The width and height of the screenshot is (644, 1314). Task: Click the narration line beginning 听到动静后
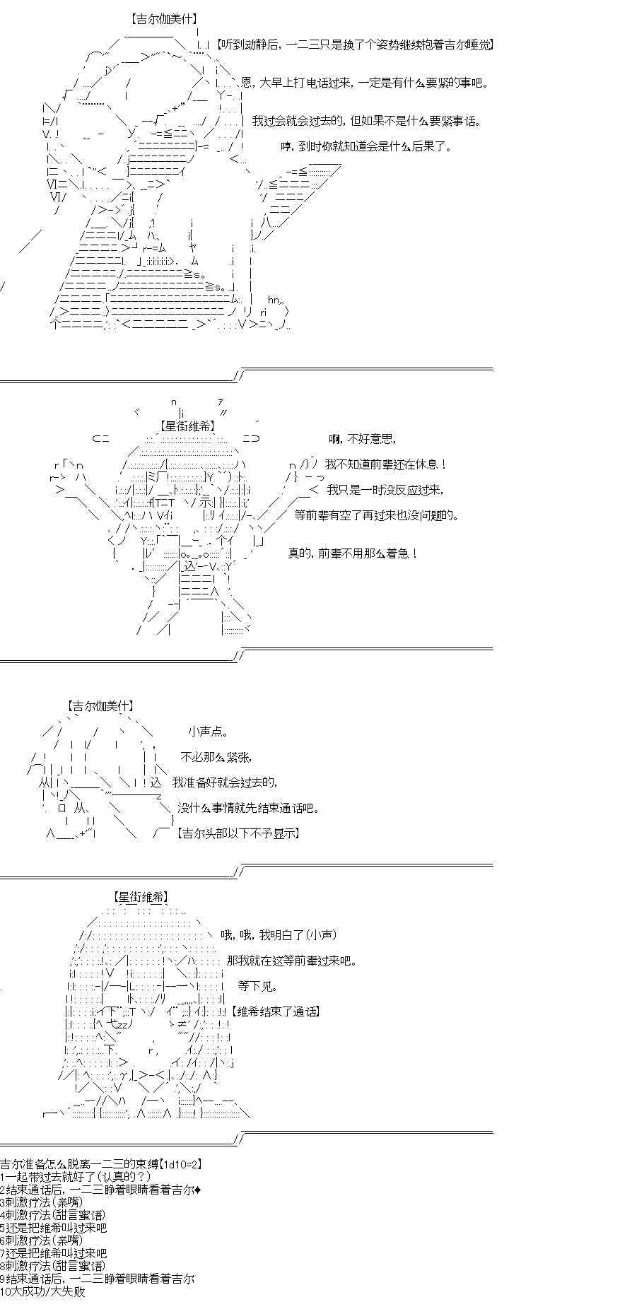point(354,45)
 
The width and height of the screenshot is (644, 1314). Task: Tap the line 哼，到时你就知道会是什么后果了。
point(366,147)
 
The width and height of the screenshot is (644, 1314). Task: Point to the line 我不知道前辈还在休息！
point(386,464)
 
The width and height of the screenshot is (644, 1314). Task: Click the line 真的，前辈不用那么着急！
point(353,553)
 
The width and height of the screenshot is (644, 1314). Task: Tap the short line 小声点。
point(209,732)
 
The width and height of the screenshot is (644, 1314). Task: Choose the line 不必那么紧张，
point(216,757)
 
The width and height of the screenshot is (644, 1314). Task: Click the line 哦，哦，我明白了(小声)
point(278,935)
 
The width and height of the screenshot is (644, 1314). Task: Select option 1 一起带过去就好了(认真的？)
point(76,1176)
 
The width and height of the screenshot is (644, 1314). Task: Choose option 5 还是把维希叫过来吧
point(53,1228)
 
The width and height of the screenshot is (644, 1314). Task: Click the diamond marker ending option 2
point(197,1189)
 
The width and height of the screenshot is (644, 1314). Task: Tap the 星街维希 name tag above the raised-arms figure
point(187,426)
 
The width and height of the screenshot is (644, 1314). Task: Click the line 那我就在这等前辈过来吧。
point(292,961)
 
